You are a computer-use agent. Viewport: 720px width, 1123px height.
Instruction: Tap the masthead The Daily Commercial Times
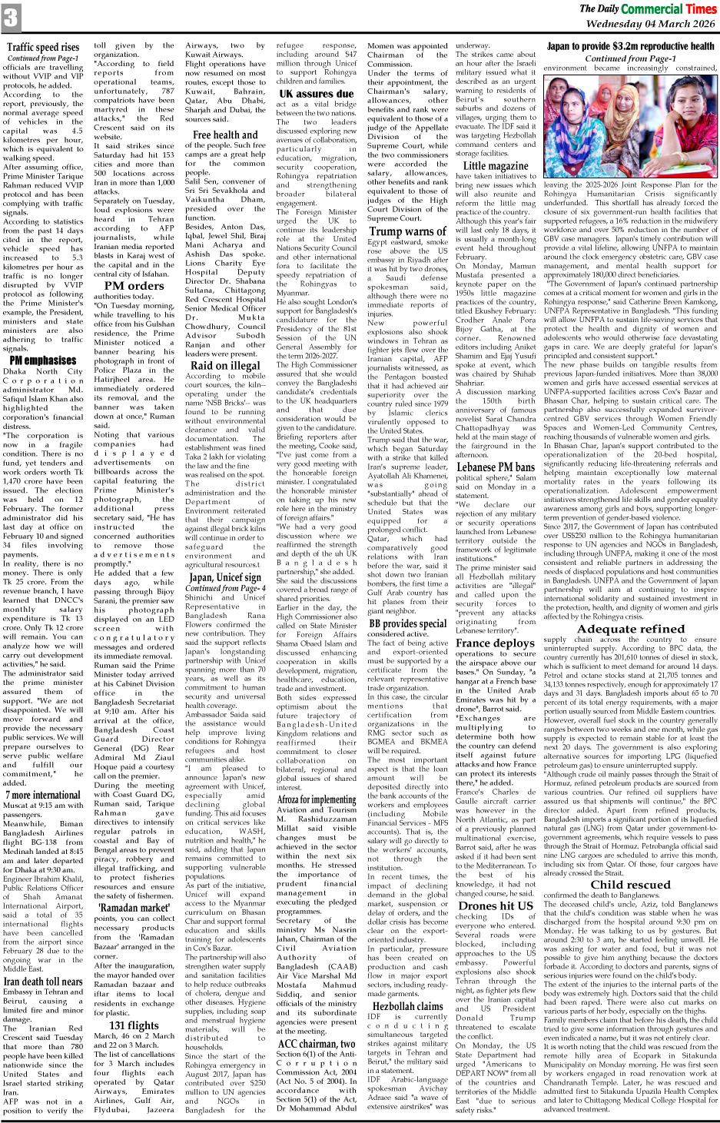[647, 8]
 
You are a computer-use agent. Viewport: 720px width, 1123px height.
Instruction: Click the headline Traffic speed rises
[43, 47]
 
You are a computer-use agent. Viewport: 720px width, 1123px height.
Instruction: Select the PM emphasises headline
[42, 360]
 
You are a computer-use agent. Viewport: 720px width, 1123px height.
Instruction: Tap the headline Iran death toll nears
[43, 982]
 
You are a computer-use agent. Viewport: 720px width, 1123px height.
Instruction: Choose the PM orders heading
[134, 285]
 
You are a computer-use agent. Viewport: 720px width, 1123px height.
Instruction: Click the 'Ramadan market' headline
[134, 907]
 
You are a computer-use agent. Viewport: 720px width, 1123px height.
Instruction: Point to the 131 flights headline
[134, 1025]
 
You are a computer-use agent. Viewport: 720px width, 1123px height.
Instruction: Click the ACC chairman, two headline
[316, 1043]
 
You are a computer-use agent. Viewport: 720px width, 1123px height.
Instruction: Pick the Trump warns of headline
[407, 231]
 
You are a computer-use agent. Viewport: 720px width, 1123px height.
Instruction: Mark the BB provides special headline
[407, 623]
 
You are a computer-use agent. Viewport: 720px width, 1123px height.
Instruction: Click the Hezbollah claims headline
[407, 1005]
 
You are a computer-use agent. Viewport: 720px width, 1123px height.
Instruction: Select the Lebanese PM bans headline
[496, 467]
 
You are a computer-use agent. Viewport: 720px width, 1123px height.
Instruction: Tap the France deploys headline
[496, 643]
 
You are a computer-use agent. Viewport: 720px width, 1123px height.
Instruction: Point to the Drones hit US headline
[496, 905]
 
